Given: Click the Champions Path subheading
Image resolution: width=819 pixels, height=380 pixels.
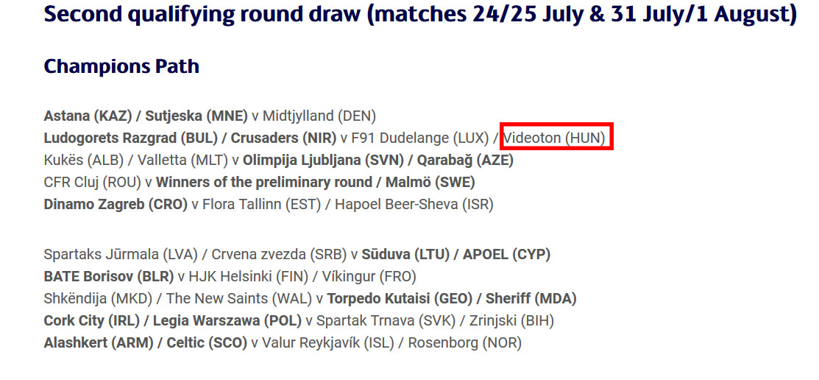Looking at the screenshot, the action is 121,67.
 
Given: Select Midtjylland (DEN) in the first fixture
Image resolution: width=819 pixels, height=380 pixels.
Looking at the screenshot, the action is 319,116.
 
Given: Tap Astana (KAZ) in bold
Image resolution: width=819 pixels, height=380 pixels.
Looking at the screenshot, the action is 88,116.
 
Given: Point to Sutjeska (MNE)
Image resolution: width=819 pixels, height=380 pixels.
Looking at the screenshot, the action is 196,116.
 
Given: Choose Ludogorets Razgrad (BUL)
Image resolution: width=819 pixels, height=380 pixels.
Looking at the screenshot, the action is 130,138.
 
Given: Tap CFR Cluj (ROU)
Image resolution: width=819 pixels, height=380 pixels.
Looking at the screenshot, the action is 93,183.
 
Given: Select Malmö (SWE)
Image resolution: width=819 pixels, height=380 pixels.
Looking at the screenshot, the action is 430,183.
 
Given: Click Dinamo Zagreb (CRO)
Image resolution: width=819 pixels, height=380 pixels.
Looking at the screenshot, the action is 116,205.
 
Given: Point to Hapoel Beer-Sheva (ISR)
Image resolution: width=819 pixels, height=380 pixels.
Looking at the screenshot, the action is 414,205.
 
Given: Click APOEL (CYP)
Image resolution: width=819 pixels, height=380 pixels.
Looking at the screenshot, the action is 506,255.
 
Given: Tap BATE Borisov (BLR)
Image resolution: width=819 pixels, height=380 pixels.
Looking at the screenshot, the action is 109,276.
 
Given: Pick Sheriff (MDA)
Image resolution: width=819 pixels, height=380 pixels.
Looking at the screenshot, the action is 531,299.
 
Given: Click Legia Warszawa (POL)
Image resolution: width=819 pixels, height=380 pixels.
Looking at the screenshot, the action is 227,321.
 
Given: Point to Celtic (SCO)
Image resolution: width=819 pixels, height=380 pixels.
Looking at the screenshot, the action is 206,343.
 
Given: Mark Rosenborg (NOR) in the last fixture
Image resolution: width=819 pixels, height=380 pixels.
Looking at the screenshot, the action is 464,343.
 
